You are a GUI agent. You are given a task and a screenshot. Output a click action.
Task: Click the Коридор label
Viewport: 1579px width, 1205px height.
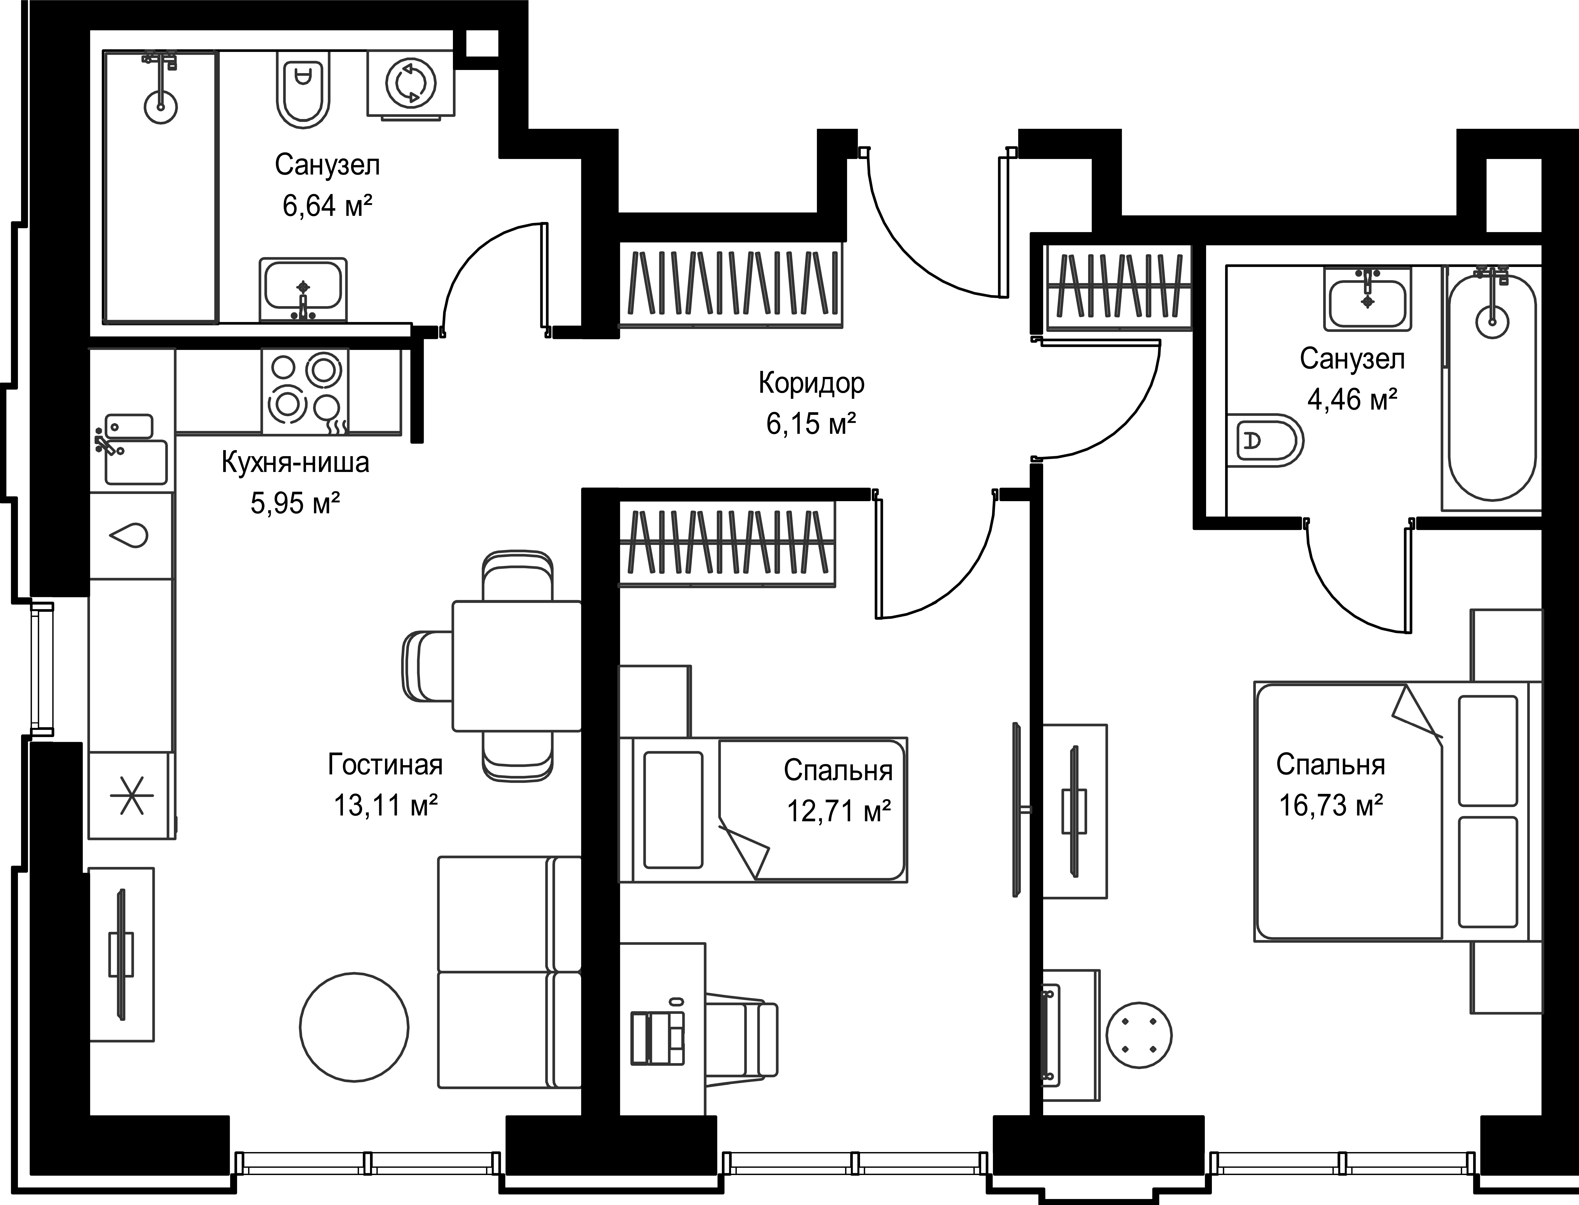811,384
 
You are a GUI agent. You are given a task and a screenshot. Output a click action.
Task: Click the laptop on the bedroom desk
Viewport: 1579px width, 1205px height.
657,1037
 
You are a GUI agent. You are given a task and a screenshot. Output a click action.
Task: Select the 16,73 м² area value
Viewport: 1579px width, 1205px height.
1331,805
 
